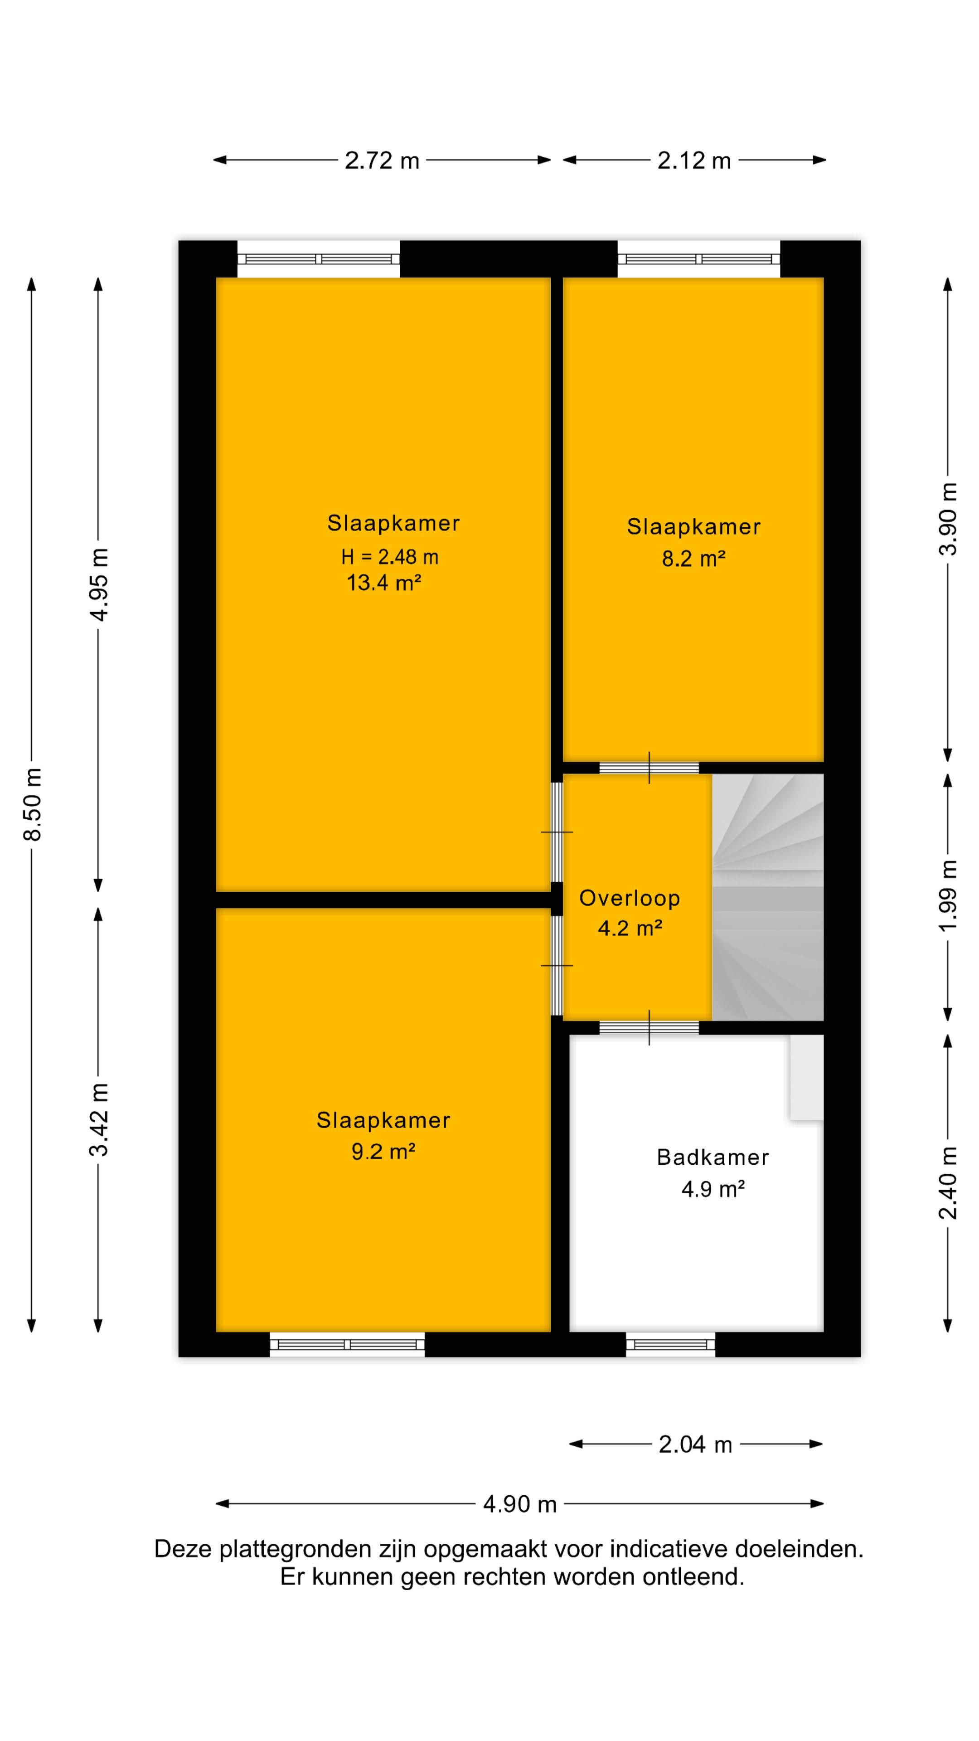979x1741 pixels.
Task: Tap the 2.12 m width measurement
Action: pyautogui.click(x=694, y=161)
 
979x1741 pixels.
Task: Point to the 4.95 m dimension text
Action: pyautogui.click(x=99, y=584)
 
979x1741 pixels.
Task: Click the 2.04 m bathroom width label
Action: pyautogui.click(x=695, y=1445)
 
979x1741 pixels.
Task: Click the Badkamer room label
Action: pyautogui.click(x=713, y=1158)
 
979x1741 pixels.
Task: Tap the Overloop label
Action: pyautogui.click(x=630, y=898)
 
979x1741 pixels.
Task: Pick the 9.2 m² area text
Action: pyautogui.click(x=383, y=1151)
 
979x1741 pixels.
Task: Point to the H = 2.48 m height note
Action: pyautogui.click(x=390, y=557)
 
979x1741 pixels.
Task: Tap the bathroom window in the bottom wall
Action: pyautogui.click(x=670, y=1345)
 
